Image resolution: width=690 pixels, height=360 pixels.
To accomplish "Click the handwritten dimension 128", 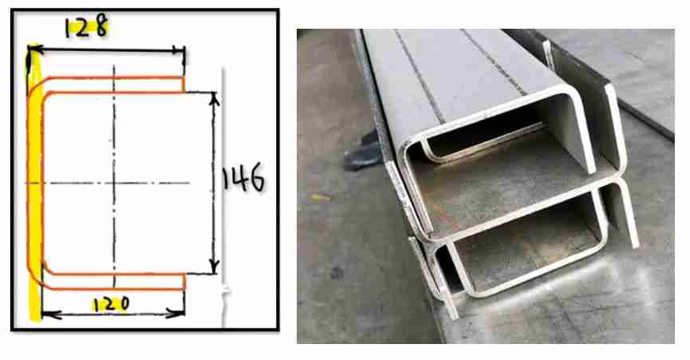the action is (86, 27).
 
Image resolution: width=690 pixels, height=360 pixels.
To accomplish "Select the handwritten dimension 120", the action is (111, 304).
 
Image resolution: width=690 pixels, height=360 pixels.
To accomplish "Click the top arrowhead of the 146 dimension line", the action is (214, 99).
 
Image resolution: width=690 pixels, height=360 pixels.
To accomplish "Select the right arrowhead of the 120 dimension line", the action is (177, 314).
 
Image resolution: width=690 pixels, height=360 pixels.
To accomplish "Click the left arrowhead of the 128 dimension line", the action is (35, 49).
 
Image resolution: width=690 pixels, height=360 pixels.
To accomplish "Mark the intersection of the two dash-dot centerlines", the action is (114, 183).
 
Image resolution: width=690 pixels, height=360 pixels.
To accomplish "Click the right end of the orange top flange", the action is (183, 85).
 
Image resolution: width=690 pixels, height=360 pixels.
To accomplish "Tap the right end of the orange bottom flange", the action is (183, 282).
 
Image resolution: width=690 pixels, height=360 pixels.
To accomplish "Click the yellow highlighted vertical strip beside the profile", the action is (34, 185).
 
